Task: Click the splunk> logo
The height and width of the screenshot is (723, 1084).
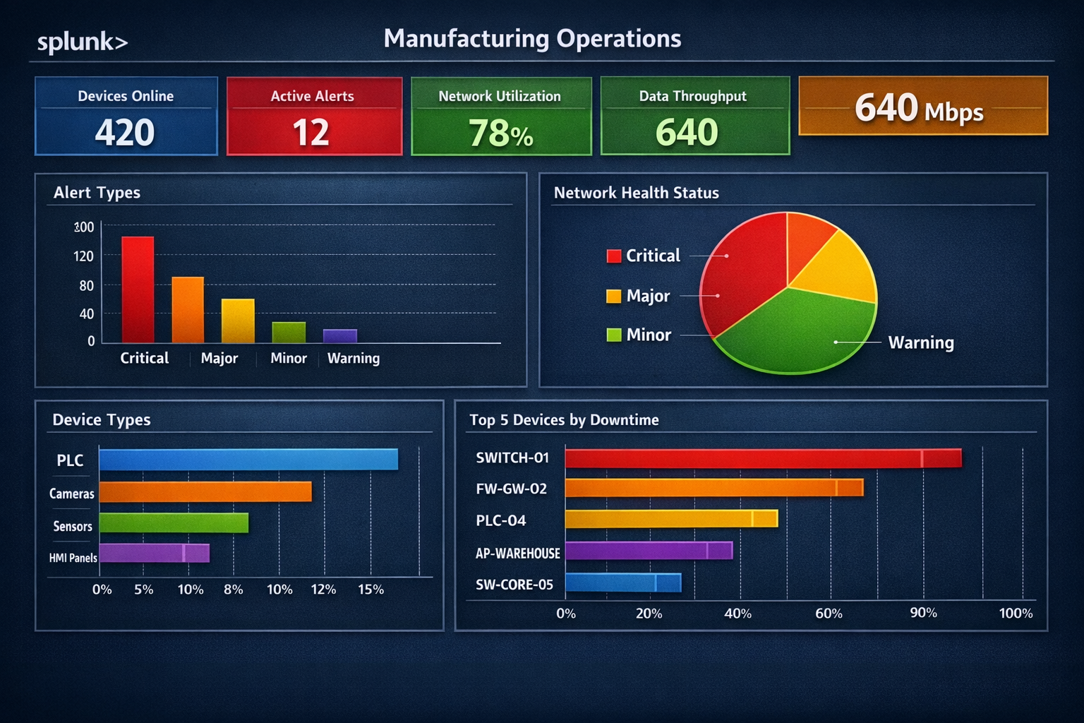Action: tap(83, 42)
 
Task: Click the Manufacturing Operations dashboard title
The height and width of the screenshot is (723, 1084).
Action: tap(532, 39)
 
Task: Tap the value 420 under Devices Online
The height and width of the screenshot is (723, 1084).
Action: tap(125, 132)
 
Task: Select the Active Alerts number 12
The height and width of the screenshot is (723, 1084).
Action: tap(311, 132)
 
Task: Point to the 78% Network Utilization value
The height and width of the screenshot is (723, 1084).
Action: tap(500, 133)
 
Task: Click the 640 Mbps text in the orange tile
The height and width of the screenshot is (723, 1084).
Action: tap(918, 109)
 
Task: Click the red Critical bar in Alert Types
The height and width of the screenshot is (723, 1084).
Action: tap(138, 289)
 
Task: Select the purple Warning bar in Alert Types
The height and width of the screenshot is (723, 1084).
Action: tap(340, 336)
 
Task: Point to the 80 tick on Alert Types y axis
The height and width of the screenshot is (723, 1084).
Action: tap(86, 286)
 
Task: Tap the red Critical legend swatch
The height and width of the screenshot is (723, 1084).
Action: tap(614, 256)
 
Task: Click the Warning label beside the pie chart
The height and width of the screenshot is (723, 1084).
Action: tap(921, 343)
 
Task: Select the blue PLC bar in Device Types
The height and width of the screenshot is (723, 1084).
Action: tap(248, 460)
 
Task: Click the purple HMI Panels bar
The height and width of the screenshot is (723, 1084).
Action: tap(154, 553)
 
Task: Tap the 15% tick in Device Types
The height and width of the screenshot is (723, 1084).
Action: tap(371, 590)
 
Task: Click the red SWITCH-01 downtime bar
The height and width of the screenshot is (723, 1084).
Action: tap(762, 458)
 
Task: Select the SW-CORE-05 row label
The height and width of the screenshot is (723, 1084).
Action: tap(514, 585)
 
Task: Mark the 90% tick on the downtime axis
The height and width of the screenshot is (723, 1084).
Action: tap(923, 613)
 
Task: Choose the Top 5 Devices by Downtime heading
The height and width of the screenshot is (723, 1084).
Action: tap(564, 420)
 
